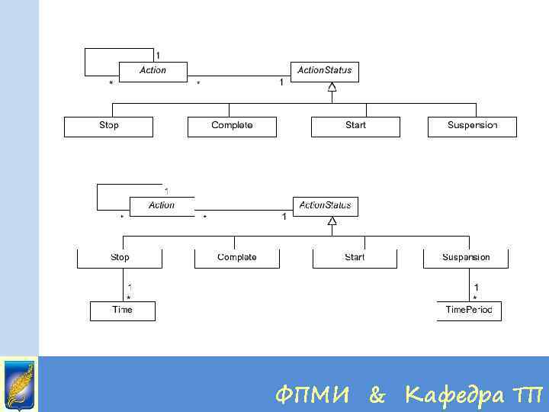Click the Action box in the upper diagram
tap(152, 71)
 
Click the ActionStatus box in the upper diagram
tap(324, 71)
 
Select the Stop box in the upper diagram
tap(108, 126)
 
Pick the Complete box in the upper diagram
tap(232, 126)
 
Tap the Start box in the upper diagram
tap(355, 126)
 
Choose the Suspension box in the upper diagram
tap(472, 126)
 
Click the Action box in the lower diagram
tap(162, 206)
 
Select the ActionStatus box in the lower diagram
tap(325, 206)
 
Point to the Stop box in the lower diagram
tap(120, 258)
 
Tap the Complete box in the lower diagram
tap(237, 258)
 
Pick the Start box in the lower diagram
tap(355, 258)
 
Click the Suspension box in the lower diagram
tap(466, 258)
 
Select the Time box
tap(122, 311)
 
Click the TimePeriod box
tap(469, 311)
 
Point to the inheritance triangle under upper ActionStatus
tap(332, 88)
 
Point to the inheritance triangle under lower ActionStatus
tap(332, 221)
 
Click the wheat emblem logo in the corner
tap(19, 384)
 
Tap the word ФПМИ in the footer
tap(313, 394)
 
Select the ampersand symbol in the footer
tap(377, 394)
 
